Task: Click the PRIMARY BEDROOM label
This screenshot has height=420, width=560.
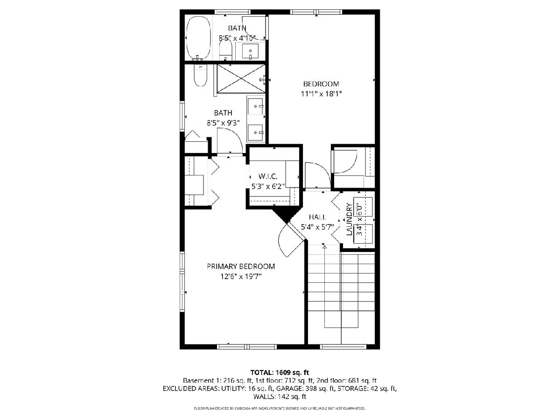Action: coord(241,266)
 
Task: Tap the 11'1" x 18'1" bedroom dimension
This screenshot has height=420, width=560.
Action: coord(321,94)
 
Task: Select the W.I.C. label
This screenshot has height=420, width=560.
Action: coord(268,176)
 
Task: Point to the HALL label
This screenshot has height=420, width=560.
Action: coord(317,217)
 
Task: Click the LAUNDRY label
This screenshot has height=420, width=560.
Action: coord(349,219)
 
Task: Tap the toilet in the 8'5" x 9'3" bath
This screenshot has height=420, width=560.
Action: coord(200,76)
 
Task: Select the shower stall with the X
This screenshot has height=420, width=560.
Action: coord(241,79)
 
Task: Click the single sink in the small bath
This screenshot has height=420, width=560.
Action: coord(250,51)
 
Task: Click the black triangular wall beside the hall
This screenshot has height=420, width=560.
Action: coord(286,216)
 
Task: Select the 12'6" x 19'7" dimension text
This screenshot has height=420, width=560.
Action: coord(241,276)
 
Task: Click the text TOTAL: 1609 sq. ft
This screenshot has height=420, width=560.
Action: coord(280,372)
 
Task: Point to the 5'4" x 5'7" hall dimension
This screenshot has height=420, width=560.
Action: coord(317,227)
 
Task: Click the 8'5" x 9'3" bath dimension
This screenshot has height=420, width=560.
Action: coord(223,123)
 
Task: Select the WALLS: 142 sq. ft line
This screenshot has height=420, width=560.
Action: coord(280,397)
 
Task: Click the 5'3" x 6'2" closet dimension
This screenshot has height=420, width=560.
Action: coord(268,186)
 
